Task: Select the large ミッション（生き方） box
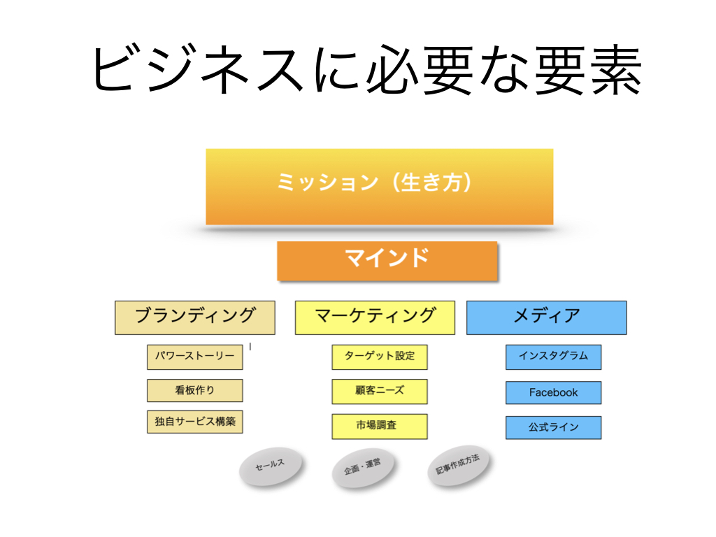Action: tap(380, 187)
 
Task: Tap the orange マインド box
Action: tap(387, 261)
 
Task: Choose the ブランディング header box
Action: tap(195, 318)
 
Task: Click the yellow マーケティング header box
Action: tap(375, 318)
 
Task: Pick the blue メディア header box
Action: tap(547, 318)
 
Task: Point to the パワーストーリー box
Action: tap(195, 357)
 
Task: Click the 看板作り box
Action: tap(195, 390)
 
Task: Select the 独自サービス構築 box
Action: tap(195, 422)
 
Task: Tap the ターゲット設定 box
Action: tap(380, 357)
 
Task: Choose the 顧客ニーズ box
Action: tap(380, 392)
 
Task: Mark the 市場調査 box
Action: tap(380, 427)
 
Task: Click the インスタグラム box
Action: tap(554, 357)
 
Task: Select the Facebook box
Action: tap(554, 393)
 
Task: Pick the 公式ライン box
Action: tap(554, 427)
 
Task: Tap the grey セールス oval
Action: tap(271, 466)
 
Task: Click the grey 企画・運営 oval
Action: tap(363, 468)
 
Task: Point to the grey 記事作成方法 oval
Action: tap(458, 465)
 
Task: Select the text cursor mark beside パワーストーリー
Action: tap(250, 347)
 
